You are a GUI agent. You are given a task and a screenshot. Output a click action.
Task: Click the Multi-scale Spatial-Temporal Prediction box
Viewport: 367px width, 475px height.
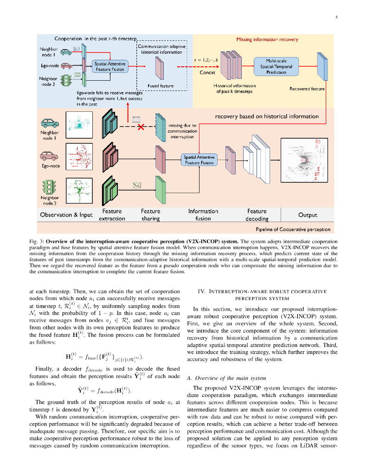276,66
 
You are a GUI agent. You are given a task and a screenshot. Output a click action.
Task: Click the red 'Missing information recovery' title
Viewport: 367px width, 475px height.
267,40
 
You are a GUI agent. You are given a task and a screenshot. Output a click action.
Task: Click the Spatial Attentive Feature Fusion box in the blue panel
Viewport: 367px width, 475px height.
109,66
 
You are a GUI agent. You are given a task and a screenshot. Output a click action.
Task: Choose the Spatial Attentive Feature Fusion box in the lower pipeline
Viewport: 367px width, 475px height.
200,160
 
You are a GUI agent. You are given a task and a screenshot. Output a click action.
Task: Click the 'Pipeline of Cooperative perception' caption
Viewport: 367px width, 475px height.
293,229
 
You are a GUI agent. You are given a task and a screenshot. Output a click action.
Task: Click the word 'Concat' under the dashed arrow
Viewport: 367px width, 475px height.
207,73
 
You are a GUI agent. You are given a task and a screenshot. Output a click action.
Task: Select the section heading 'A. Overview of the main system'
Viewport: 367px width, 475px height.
226,378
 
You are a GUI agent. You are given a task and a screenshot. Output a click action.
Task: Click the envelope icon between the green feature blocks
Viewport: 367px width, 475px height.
136,185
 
